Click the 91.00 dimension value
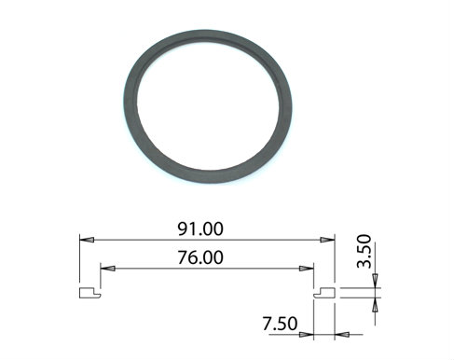(200, 229)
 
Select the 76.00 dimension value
(200, 257)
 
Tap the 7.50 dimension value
(280, 324)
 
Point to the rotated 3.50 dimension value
(365, 251)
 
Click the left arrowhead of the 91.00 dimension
(87, 240)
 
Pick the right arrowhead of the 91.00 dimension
(327, 240)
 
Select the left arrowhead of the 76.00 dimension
(108, 268)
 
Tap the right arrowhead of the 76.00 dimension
(307, 268)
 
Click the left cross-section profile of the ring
(90, 293)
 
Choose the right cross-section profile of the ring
(324, 293)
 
